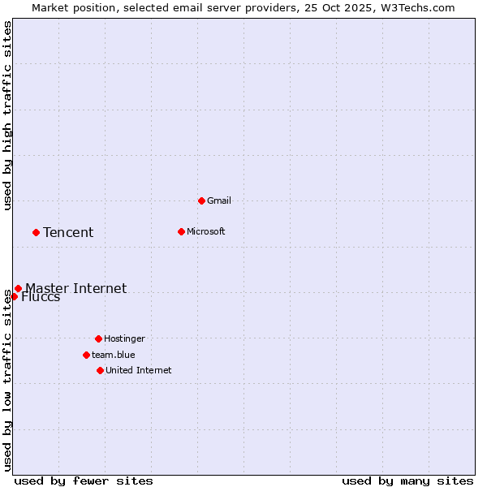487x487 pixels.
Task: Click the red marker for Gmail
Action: click(201, 200)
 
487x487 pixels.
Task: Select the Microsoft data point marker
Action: click(181, 231)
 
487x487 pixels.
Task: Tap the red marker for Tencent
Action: click(36, 232)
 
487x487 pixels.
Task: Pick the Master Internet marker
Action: click(18, 288)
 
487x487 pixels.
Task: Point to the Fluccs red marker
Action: click(14, 296)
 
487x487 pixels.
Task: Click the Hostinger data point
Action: click(98, 338)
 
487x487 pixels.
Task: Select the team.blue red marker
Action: click(86, 355)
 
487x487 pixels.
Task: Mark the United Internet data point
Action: click(100, 370)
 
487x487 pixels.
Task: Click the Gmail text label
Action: click(219, 200)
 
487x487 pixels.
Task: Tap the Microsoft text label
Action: click(206, 231)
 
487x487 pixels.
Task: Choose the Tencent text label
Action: click(68, 233)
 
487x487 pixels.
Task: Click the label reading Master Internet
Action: click(75, 288)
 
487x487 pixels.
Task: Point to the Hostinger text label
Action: click(124, 338)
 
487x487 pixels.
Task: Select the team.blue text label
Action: click(114, 355)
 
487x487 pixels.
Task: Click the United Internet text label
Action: click(139, 370)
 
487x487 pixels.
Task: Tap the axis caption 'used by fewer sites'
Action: click(84, 481)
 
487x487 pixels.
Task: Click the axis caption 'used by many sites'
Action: click(407, 481)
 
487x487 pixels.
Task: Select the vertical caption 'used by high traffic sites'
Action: click(7, 115)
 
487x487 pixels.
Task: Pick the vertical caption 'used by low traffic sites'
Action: click(7, 380)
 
